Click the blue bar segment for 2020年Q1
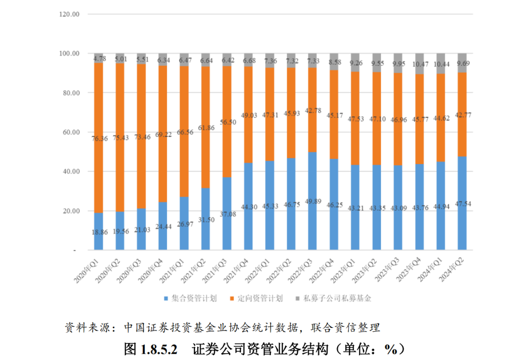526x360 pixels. pos(98,231)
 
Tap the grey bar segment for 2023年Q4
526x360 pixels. pos(419,63)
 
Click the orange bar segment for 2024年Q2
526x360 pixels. pos(462,114)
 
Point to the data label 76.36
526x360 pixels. pos(98,138)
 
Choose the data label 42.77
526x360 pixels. pos(462,115)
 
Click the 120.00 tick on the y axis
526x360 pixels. pos(69,14)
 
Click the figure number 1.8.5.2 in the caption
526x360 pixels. pos(159,348)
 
